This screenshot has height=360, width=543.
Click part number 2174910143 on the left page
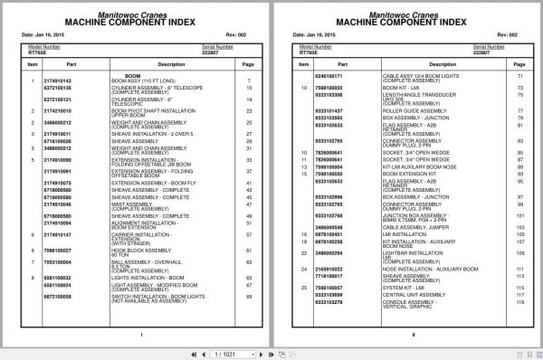point(57,81)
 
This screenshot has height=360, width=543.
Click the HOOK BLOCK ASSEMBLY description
point(136,246)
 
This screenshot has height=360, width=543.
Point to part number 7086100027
point(57,246)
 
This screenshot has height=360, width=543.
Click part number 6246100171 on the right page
point(328,75)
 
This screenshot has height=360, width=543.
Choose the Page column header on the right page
point(519,64)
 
